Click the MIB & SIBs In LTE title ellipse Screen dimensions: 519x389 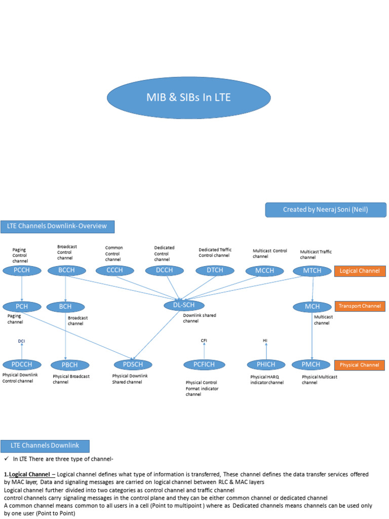tap(188, 97)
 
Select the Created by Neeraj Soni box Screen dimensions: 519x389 tap(325, 210)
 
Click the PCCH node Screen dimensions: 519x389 tap(22, 271)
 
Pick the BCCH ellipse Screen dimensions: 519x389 tap(66, 271)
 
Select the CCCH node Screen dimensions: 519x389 tap(114, 271)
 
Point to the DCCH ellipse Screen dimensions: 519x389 tap(164, 271)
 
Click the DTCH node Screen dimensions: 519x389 tap(215, 271)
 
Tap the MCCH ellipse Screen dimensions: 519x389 tap(264, 271)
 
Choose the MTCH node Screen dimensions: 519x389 tap(312, 271)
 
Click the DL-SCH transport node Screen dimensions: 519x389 tap(184, 305)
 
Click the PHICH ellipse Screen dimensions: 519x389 tap(266, 364)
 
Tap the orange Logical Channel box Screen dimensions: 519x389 tap(360, 271)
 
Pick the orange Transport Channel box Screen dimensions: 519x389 tap(360, 306)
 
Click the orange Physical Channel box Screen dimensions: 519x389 tap(360, 365)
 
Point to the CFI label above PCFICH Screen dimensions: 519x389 tap(204, 341)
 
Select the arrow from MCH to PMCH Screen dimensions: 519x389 tap(312, 337)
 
